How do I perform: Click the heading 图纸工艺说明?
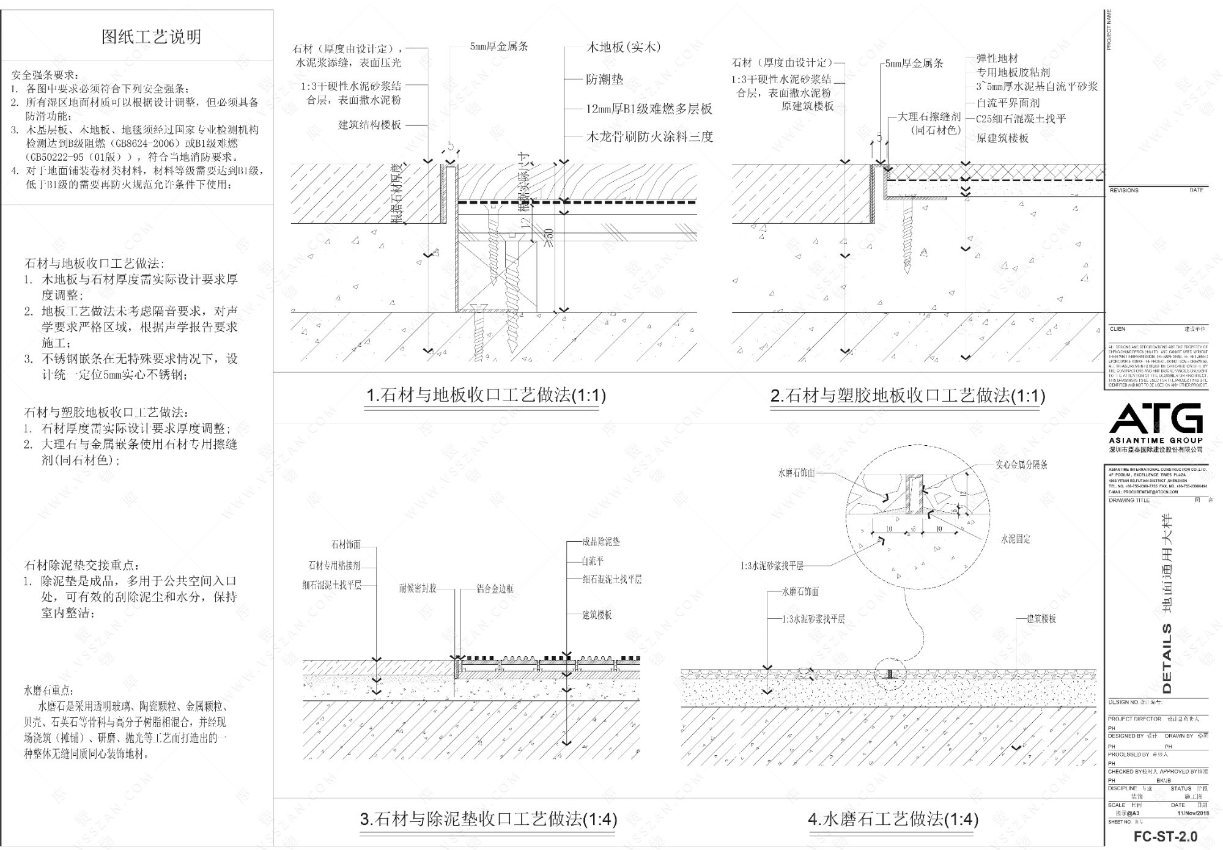[151, 37]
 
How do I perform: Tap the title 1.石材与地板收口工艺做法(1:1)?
[486, 396]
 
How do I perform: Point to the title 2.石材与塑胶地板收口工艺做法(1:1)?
[907, 396]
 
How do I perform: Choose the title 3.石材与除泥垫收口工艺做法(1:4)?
[489, 819]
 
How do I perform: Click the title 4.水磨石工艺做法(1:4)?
[893, 819]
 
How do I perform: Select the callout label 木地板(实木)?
[623, 47]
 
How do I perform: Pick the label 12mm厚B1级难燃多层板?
[649, 109]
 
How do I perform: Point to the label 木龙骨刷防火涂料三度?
[649, 137]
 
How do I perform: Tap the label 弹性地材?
[997, 59]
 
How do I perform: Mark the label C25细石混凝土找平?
[1021, 119]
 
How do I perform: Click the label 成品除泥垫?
[601, 542]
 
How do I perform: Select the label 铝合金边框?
[495, 589]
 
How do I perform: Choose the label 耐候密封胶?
[418, 589]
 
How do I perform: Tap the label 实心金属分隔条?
[1021, 465]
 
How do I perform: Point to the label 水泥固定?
[1016, 539]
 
